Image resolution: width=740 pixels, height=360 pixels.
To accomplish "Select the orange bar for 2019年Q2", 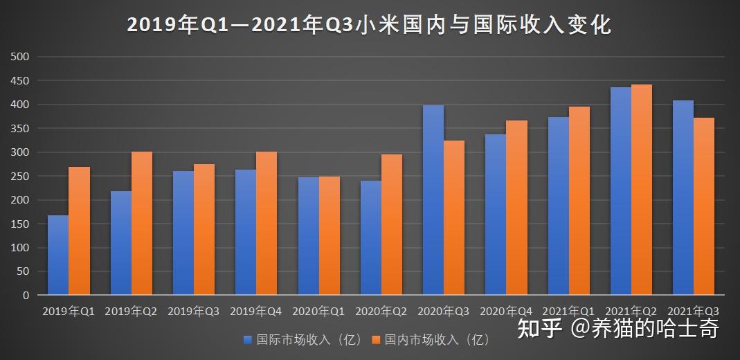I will click(142, 223).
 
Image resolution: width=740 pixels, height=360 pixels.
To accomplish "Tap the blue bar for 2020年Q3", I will click(433, 200).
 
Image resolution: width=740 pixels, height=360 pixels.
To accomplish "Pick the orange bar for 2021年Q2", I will click(642, 190).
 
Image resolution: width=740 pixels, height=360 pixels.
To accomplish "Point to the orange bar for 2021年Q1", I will click(579, 201).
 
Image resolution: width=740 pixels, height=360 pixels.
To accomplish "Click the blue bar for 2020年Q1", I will click(309, 236).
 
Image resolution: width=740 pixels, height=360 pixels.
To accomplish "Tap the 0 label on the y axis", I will click(26, 295).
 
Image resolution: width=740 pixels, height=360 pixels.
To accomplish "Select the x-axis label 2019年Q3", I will click(193, 312).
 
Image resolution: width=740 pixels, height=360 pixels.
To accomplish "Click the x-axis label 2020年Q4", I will click(505, 312).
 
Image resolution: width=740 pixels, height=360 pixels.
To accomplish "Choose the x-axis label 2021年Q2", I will click(631, 312).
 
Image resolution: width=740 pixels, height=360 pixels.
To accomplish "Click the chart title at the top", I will click(369, 25).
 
